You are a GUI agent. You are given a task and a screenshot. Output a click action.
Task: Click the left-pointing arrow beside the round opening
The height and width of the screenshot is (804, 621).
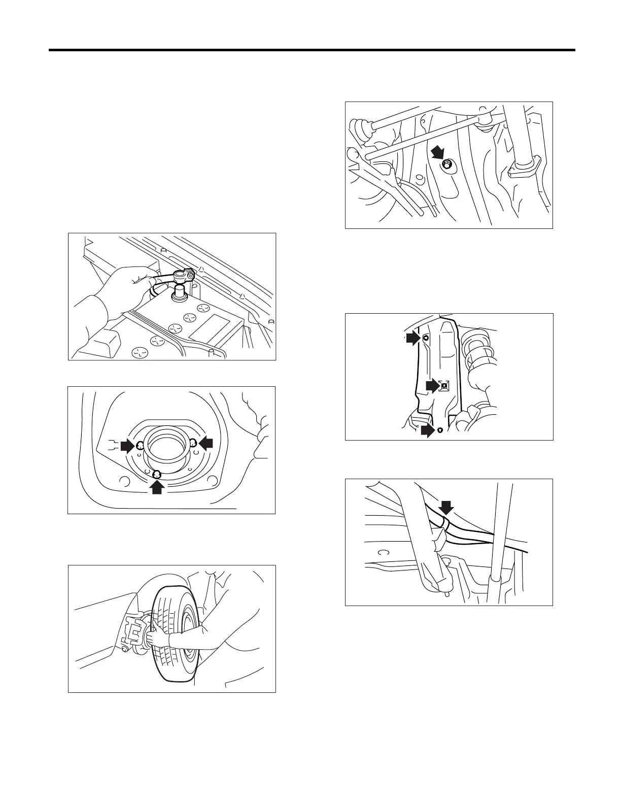coord(205,443)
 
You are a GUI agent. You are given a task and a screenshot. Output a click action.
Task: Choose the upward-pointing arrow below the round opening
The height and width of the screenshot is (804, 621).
coord(157,486)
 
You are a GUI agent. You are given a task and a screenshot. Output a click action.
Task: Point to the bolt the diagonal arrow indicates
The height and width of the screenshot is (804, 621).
coord(446,164)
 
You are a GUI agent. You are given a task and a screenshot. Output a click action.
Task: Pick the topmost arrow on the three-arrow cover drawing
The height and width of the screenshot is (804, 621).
coord(413,338)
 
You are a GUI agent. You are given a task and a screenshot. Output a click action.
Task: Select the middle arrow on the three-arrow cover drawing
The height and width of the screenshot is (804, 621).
coord(432,386)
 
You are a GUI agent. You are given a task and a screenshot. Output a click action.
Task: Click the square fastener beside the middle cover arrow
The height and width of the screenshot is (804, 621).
coord(444,385)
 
